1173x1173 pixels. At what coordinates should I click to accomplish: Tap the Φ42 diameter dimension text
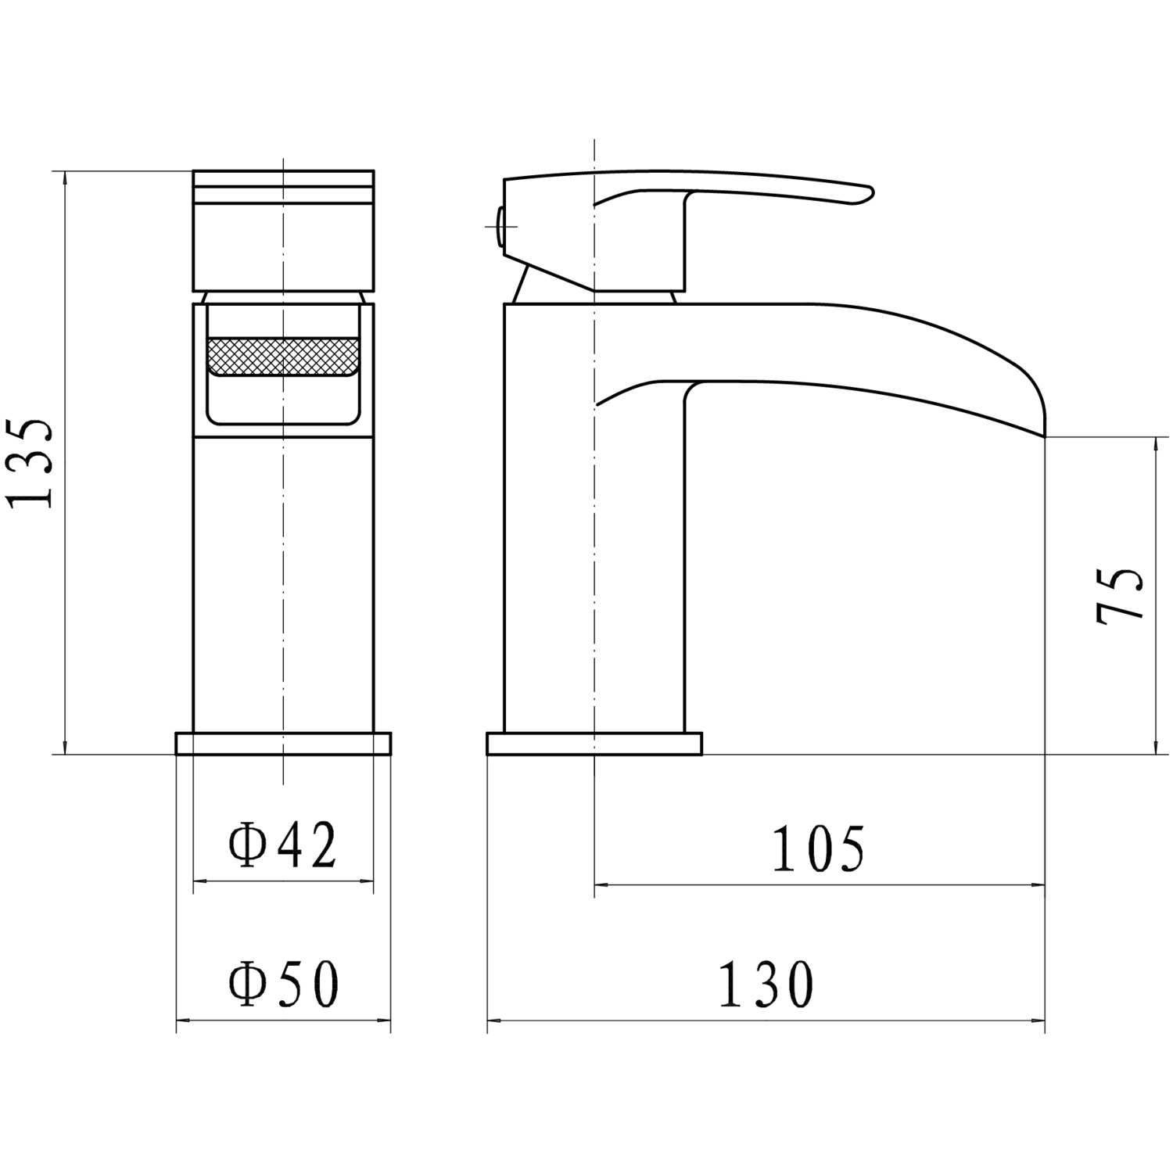(282, 845)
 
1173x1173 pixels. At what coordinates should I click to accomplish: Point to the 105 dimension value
(818, 848)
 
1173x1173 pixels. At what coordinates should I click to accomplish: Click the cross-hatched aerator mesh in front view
(284, 357)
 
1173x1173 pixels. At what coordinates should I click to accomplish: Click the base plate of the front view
(283, 744)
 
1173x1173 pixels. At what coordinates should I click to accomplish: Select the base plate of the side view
(594, 744)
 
